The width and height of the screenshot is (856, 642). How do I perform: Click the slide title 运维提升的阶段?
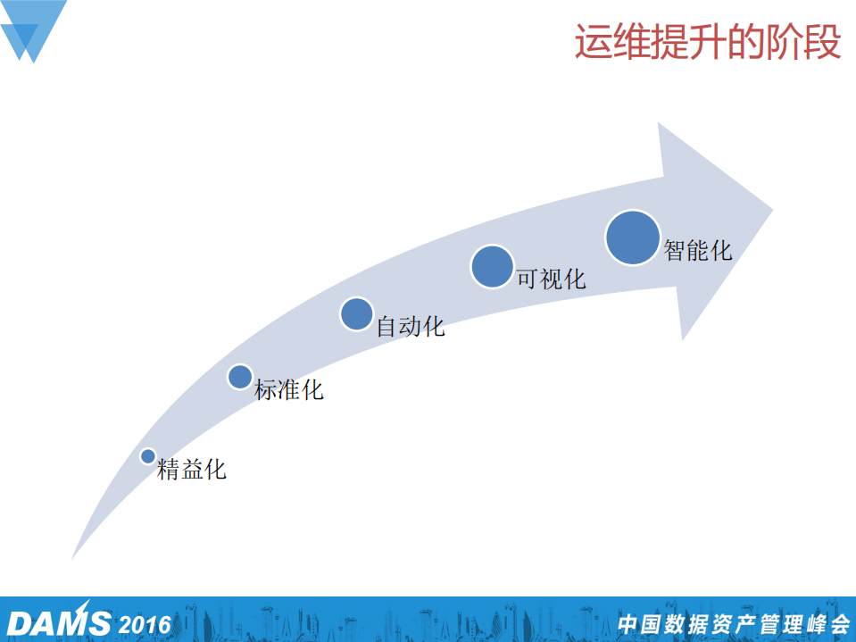click(708, 42)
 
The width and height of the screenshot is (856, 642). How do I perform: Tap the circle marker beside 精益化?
click(148, 455)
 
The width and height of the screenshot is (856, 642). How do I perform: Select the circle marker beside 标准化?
click(240, 377)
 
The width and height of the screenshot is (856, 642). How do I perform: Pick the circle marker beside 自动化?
click(356, 314)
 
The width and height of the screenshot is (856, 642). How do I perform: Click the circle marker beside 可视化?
click(492, 266)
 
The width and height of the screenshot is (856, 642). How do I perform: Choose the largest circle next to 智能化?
click(633, 238)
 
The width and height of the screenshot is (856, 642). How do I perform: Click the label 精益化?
click(192, 469)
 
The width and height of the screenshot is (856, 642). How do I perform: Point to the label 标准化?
click(289, 389)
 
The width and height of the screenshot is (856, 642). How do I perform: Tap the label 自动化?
click(410, 326)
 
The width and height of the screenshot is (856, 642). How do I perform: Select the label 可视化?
click(552, 279)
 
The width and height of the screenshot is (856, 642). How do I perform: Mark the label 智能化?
click(697, 249)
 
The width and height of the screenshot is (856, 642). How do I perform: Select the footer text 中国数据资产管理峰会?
click(733, 623)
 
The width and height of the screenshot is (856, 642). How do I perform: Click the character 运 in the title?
click(590, 42)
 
